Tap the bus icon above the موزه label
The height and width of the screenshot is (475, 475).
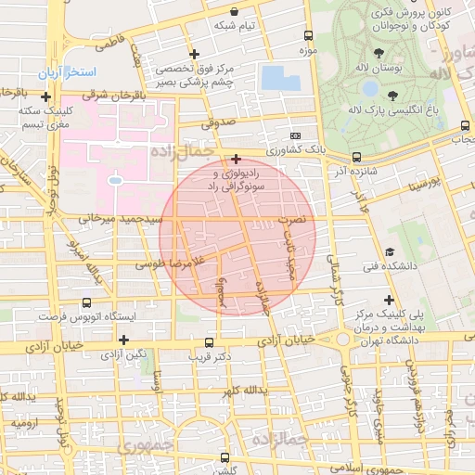308,34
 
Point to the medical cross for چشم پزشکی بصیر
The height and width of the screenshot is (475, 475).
193,54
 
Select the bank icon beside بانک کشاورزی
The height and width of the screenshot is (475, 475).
296,135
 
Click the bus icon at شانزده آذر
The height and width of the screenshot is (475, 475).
357,158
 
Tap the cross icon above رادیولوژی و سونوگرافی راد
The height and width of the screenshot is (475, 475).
237,159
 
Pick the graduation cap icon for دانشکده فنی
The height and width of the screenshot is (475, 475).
390,252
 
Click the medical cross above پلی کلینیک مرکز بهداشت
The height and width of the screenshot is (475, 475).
389,300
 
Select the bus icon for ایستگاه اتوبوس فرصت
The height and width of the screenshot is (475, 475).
87,302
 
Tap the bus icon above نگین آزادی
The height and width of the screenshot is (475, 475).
124,340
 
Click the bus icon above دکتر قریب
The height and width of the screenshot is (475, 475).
209,341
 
